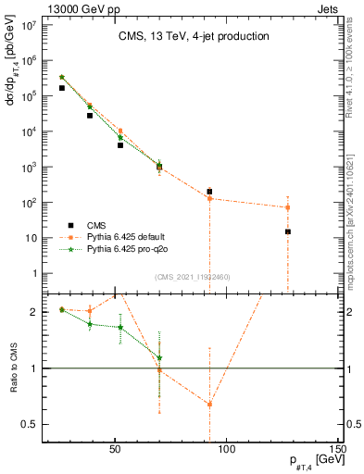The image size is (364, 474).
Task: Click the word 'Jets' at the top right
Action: (x=328, y=7)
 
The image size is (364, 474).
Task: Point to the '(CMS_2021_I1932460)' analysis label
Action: (x=193, y=277)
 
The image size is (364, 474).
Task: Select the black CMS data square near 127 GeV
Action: (x=288, y=231)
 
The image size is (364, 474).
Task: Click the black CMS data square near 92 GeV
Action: (x=209, y=192)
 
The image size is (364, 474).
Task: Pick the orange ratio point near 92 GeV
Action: (x=209, y=404)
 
